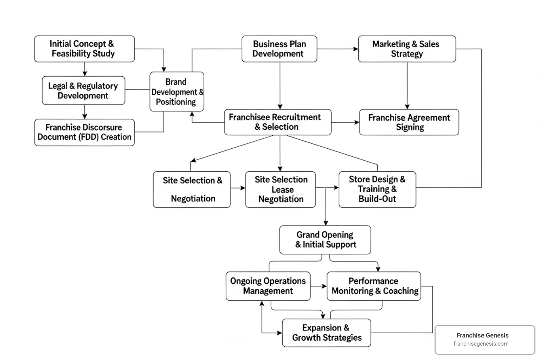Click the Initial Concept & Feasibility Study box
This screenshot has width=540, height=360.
click(84, 49)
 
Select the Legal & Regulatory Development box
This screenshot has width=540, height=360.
click(83, 91)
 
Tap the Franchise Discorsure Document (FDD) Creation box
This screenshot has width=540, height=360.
click(84, 132)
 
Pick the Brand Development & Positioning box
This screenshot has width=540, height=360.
click(176, 92)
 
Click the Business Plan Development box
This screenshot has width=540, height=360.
click(279, 49)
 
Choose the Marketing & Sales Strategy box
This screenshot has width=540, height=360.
click(407, 49)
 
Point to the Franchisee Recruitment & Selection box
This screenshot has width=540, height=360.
click(277, 122)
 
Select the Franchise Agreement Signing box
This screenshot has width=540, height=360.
click(409, 122)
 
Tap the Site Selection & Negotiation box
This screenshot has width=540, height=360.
click(192, 189)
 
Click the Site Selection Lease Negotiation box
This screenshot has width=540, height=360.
click(280, 189)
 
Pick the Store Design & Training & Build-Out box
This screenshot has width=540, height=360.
click(377, 189)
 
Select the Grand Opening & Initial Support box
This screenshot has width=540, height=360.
click(325, 240)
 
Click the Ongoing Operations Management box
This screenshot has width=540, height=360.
click(268, 286)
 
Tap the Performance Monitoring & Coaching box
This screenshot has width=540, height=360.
click(374, 286)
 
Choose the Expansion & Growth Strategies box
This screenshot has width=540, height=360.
click(326, 333)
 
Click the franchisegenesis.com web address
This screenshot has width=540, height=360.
click(481, 344)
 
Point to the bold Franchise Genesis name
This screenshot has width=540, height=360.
click(482, 335)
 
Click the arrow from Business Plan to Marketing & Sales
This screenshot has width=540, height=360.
click(337, 49)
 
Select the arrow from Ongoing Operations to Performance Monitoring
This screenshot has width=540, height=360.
click(319, 286)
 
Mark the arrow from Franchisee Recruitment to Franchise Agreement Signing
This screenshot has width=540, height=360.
click(345, 122)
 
